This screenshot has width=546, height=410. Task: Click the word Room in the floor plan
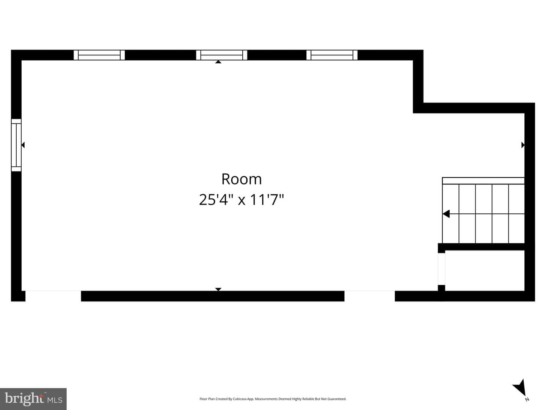[242, 179]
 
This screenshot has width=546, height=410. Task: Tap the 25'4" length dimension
[213, 200]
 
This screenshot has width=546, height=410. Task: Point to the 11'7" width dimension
[267, 200]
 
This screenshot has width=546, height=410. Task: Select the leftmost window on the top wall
[99, 55]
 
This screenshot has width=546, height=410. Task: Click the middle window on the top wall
[221, 55]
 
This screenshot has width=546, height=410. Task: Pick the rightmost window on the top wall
[332, 55]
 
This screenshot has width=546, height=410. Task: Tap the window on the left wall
[16, 145]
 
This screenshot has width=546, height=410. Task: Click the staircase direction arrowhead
[446, 214]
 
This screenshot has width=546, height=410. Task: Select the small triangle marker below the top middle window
[218, 62]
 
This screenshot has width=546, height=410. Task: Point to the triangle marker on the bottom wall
[218, 289]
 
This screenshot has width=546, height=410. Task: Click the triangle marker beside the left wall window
[23, 145]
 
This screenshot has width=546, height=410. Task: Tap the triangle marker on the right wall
[523, 145]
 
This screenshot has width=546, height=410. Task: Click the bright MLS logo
[33, 399]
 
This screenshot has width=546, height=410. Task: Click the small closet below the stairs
[485, 271]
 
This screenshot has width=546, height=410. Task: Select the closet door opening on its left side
[441, 269]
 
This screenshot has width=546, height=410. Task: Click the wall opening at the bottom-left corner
[53, 296]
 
